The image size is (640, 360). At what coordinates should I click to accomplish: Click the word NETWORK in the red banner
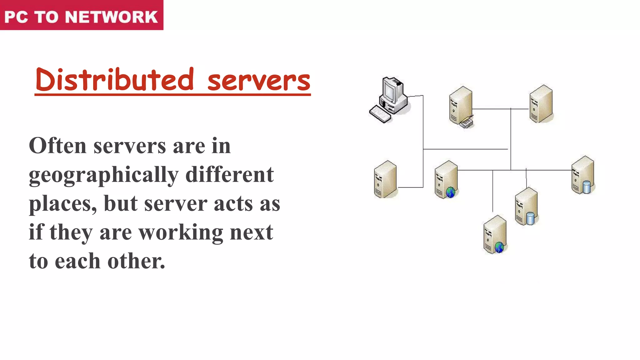pyautogui.click(x=111, y=17)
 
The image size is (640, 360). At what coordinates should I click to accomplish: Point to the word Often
pyautogui.click(x=57, y=146)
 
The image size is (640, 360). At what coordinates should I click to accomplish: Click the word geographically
pyautogui.click(x=103, y=175)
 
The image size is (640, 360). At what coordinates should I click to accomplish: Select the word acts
pyautogui.click(x=234, y=204)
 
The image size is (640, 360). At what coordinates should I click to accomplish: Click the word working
pyautogui.click(x=181, y=233)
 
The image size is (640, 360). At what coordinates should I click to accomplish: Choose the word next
pyautogui.click(x=252, y=232)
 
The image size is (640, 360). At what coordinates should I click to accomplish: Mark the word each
pyautogui.click(x=77, y=261)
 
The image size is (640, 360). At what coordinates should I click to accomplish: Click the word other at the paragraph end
pyautogui.click(x=136, y=261)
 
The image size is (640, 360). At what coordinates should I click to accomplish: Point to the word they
pyautogui.click(x=71, y=233)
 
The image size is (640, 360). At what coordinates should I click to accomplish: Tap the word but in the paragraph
pyautogui.click(x=121, y=203)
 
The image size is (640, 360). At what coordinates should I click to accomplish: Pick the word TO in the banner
pyautogui.click(x=46, y=17)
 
